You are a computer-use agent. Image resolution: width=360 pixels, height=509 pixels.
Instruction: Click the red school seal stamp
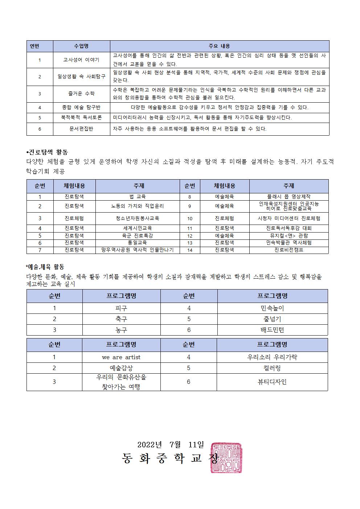pos(226,457)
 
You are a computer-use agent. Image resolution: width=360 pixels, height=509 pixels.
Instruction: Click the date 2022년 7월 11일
pos(171,444)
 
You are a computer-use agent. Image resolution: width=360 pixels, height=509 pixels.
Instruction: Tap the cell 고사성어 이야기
pos(81,60)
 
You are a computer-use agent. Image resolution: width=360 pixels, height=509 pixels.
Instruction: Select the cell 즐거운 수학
pos(81,94)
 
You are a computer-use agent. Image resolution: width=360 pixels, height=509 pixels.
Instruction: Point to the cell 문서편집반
pos(81,129)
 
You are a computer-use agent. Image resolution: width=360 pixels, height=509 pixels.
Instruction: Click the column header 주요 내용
pos(219,46)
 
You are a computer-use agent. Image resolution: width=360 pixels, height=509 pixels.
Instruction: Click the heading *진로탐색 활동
pos(47,152)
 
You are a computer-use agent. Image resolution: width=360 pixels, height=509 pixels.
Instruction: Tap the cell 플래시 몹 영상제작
pos(289,197)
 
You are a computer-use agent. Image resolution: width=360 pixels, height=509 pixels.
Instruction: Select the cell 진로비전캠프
pos(289,250)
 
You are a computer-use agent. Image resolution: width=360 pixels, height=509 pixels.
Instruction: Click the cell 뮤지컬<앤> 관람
pos(289,235)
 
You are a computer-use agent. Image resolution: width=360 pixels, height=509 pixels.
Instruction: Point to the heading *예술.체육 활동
pos(45,267)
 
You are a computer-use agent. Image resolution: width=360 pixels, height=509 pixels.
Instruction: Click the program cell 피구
pos(121,308)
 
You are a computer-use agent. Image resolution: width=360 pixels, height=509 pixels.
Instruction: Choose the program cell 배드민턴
pos(272,330)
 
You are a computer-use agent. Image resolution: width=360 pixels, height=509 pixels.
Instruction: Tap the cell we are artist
pos(121,357)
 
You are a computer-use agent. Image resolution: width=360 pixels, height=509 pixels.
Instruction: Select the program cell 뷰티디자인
pos(272,382)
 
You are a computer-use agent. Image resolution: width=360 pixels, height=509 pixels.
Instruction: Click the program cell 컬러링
pos(272,368)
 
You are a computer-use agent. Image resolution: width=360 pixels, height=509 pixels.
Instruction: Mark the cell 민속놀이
pos(272,308)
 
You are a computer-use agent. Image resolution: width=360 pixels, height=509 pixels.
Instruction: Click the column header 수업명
pos(81,46)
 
